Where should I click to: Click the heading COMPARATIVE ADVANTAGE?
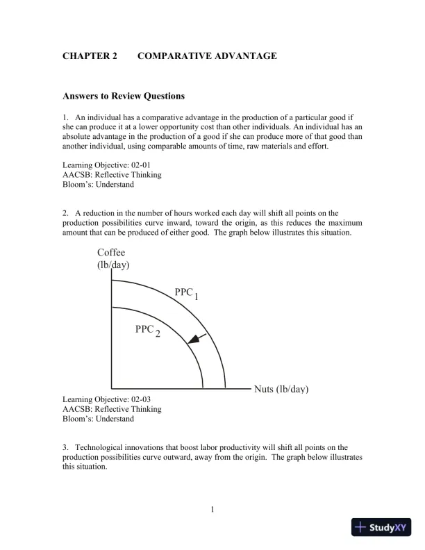208,56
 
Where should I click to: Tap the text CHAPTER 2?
90,56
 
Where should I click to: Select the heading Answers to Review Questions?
124,97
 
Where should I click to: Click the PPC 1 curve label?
186,294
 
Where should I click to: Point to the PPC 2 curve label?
147,331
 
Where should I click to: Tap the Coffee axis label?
111,253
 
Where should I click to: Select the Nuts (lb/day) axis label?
281,389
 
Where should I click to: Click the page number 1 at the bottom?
212,511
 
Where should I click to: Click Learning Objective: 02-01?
106,165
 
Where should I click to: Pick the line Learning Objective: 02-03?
106,400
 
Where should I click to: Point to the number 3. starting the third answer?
65,448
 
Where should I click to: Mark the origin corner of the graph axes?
112,389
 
